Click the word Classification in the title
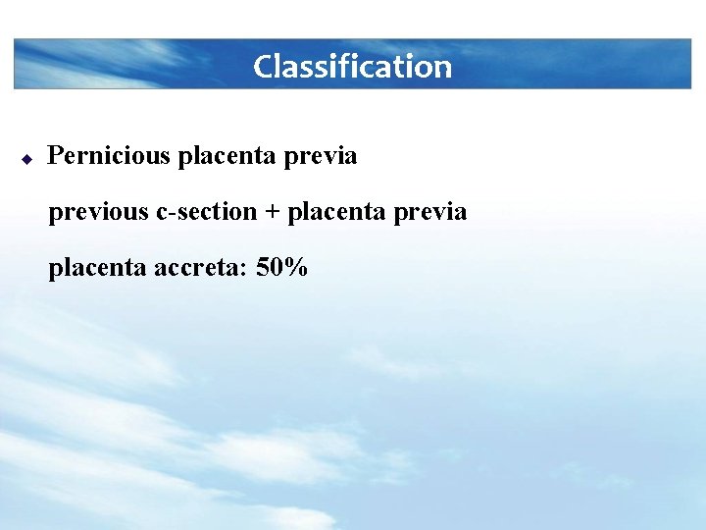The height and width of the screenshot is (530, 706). point(352,67)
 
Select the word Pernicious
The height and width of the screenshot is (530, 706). point(109,155)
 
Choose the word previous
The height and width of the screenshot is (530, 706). point(98,211)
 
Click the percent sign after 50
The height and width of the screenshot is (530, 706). point(295,266)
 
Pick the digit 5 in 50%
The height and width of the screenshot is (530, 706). point(262,266)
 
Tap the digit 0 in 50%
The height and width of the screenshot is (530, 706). point(276,266)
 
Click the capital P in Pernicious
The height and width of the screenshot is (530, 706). point(55,155)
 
